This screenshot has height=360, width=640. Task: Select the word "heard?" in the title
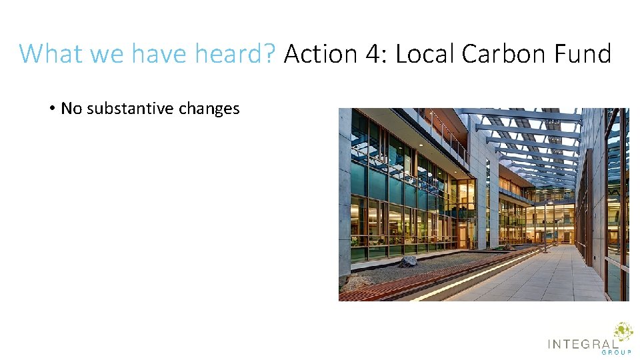coord(235,53)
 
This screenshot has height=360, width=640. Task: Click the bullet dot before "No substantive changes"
coord(51,109)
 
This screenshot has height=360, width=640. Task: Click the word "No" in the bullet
coord(69,109)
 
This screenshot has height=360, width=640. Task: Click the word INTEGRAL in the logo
coord(582,344)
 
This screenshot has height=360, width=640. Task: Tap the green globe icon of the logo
coord(623,332)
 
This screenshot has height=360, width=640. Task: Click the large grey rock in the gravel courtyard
coord(408,261)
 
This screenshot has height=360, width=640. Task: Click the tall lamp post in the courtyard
coord(545,227)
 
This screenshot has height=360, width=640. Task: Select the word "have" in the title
coord(160,53)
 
